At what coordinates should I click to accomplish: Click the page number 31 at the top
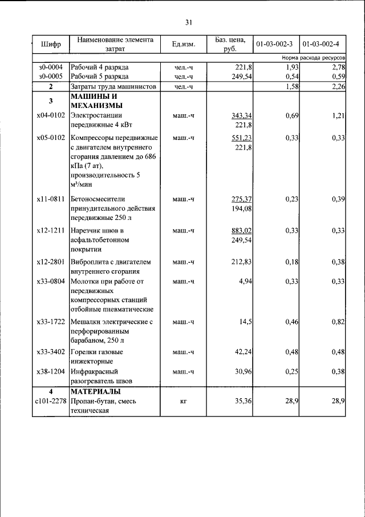click(189, 22)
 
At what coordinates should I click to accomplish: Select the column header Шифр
click(51, 45)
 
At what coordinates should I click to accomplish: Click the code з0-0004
click(51, 67)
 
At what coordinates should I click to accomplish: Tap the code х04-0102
click(51, 116)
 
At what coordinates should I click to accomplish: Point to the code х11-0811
click(51, 199)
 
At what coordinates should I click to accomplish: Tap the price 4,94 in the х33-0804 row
click(246, 281)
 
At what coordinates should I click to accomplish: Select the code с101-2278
click(51, 402)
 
